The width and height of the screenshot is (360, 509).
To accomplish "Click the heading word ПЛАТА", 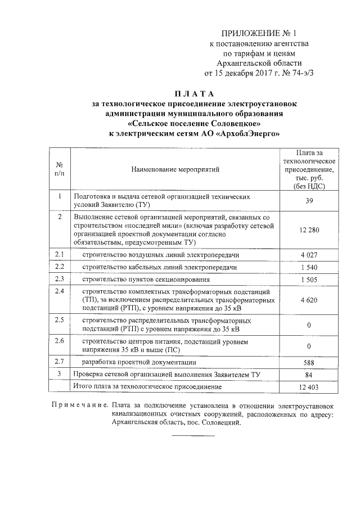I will tap(193, 93).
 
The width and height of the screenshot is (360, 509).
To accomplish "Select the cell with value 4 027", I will tap(310, 255).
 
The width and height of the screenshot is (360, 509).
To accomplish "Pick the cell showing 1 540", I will tap(310, 267).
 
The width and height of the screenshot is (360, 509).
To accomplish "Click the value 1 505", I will tap(310, 279).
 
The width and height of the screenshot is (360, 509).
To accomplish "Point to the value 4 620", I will tap(310, 300).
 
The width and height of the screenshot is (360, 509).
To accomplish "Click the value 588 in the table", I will tap(310, 362).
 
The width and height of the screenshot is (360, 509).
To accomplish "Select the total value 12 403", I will tap(310, 387).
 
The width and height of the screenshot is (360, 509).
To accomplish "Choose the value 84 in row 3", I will tap(310, 375).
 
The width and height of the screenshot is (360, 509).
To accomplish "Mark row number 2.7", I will tap(60, 362).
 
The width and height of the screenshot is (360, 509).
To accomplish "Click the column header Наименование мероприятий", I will tap(175, 169).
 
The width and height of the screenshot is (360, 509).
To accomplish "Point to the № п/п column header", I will tap(60, 169).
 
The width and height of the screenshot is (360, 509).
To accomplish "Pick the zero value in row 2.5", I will tap(310, 325).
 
